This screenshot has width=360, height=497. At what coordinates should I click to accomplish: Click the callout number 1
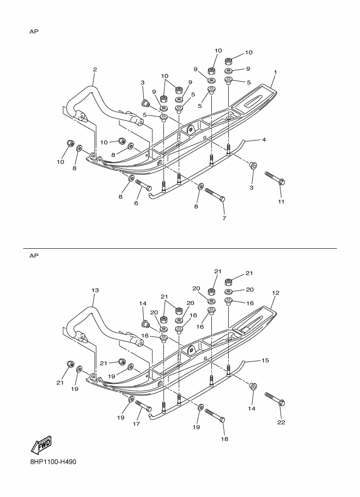[276, 72]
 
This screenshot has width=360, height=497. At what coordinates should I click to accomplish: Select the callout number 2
[95, 70]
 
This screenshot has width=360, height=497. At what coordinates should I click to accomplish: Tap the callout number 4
[264, 140]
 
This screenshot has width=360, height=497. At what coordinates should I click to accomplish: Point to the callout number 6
[136, 203]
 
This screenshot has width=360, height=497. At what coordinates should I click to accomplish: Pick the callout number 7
[224, 218]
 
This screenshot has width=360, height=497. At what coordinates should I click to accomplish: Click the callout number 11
[281, 201]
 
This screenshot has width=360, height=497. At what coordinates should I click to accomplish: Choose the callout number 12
[276, 293]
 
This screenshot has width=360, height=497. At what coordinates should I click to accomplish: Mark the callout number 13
[95, 290]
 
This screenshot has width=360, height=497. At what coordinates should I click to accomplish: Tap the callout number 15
[265, 360]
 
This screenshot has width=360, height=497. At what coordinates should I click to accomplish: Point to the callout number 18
[224, 439]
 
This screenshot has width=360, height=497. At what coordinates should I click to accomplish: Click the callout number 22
[281, 422]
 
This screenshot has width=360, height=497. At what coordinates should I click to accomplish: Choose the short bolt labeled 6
[143, 185]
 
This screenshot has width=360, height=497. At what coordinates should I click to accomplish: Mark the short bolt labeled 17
[143, 406]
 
